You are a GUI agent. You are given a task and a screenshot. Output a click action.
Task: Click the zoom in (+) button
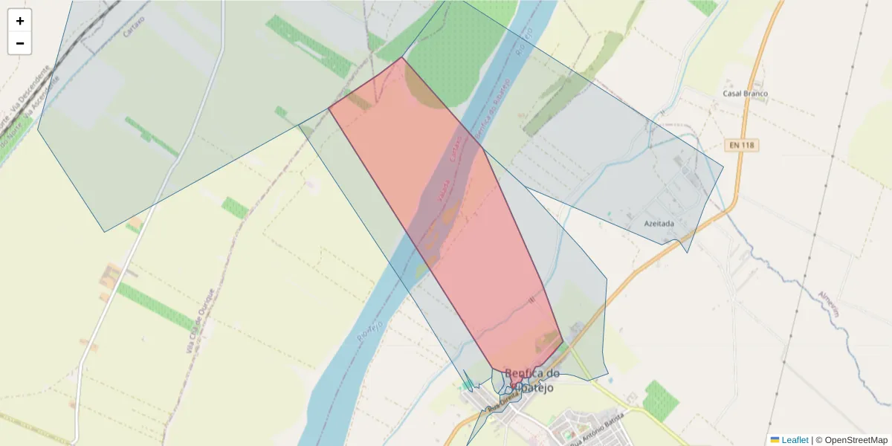click(20, 21)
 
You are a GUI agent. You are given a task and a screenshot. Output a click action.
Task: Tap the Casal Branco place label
click(745, 94)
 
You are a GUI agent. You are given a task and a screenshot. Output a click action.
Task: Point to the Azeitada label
click(659, 223)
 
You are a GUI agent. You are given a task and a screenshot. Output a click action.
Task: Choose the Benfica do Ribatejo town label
click(531, 379)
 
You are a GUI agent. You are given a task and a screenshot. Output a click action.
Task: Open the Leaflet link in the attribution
click(795, 440)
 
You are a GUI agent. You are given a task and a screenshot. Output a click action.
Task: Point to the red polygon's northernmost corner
click(402, 57)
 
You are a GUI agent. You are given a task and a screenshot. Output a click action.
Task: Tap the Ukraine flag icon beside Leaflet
click(775, 440)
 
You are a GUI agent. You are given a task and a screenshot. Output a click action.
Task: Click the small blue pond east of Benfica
click(468, 385)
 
